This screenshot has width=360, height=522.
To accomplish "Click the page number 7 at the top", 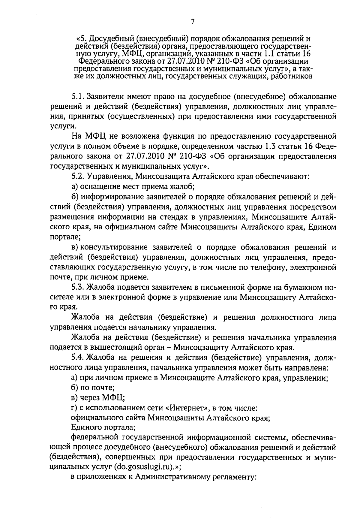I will (193, 21).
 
